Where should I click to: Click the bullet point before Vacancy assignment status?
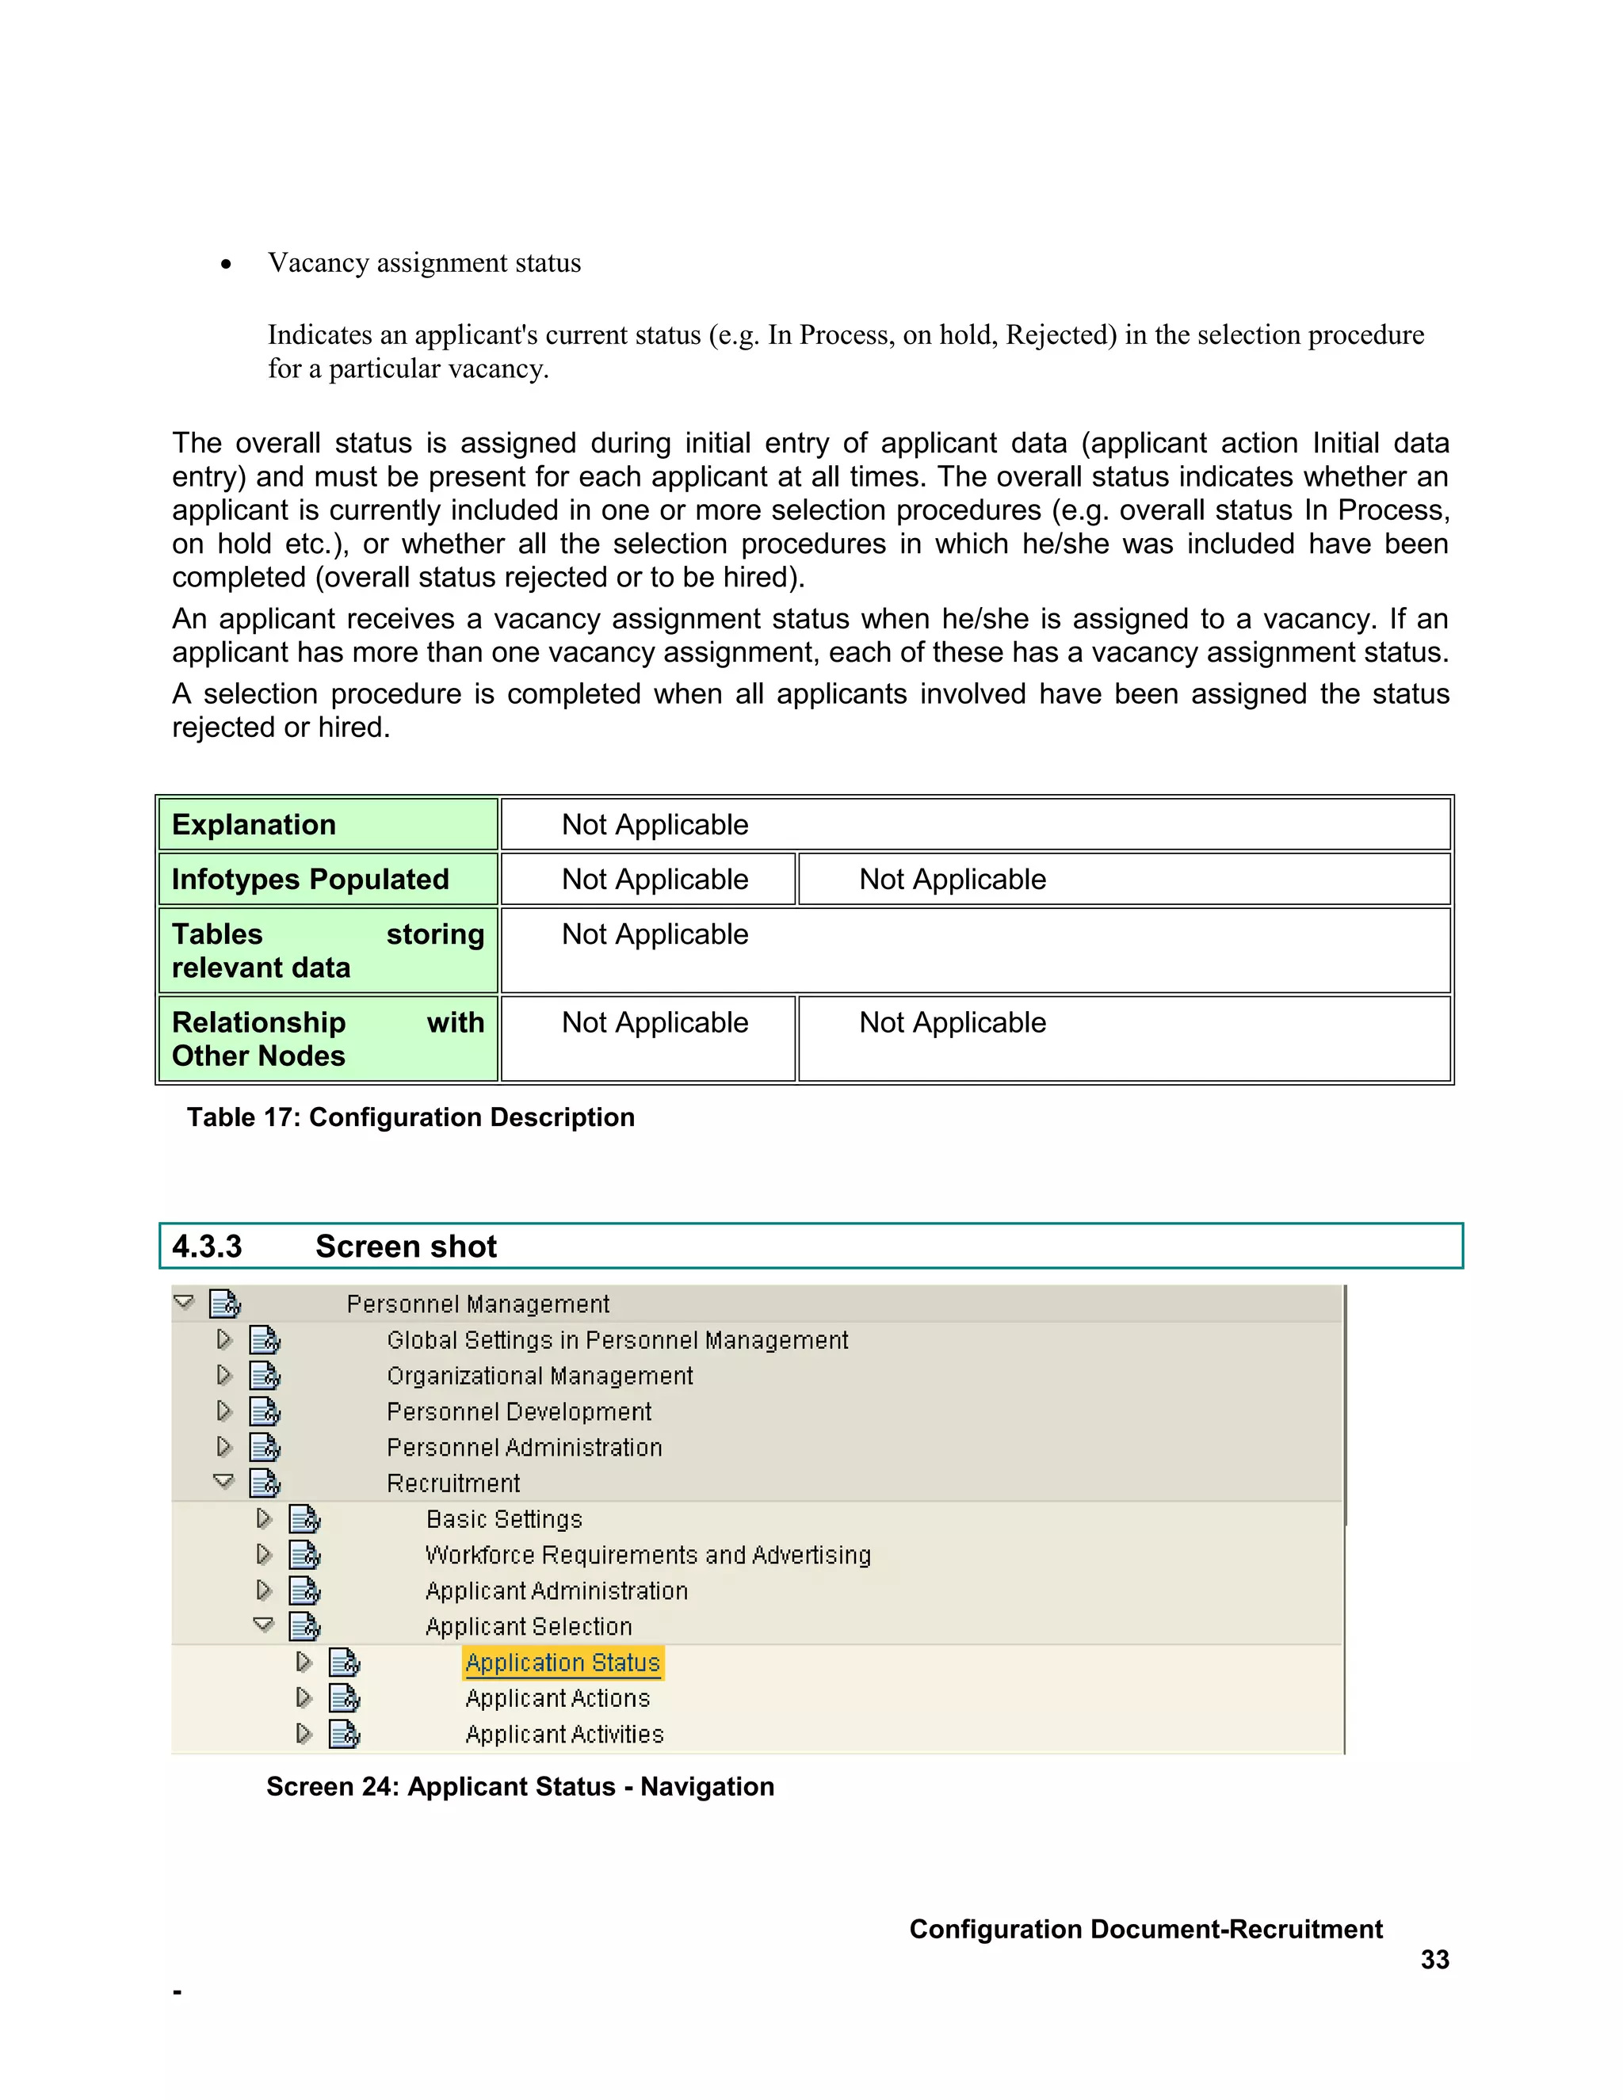tap(226, 265)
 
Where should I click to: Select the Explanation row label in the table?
tap(254, 824)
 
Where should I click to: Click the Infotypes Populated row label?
tap(310, 879)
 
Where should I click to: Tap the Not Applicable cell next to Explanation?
tap(655, 824)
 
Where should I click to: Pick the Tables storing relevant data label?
tap(327, 950)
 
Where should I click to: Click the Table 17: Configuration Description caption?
tap(411, 1117)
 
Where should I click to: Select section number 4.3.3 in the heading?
tap(207, 1247)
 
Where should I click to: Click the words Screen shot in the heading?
tap(406, 1247)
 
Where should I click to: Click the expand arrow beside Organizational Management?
tap(224, 1375)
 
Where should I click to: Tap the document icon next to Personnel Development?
tap(265, 1411)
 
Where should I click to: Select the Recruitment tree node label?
tap(453, 1483)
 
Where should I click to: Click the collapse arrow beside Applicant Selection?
tap(263, 1625)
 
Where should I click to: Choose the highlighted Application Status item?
tap(563, 1663)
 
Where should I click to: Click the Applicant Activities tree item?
tap(564, 1734)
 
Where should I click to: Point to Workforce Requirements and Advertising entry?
tap(648, 1555)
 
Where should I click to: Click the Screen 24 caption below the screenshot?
tap(519, 1785)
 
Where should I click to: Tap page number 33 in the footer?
tap(1434, 1959)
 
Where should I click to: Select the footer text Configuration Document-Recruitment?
tap(1145, 1929)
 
